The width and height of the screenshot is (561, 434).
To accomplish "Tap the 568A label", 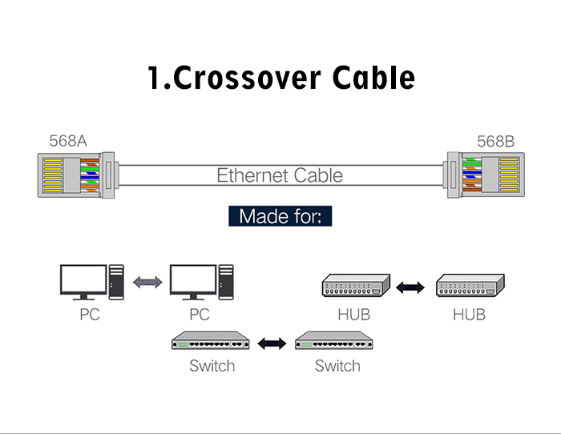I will pos(68,142).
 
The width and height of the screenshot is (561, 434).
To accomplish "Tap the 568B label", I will pos(495,142).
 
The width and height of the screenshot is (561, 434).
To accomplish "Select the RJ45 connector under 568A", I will pos(71,175).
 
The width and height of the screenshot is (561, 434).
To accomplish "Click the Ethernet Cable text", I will pos(280,175).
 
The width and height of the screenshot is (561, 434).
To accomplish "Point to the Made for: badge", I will pos(280,216).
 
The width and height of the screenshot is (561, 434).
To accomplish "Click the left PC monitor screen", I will pos(83,279).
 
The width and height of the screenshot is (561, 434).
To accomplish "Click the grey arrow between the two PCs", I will pos(147,283).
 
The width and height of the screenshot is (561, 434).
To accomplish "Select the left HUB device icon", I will pos(354,286).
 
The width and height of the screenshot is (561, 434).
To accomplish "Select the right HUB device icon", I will pos(470,286).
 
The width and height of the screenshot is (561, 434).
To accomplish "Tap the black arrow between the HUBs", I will pos(411,286).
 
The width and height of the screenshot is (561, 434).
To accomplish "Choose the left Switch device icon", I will pos(212,343).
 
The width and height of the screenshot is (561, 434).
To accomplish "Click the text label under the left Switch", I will pos(212,366).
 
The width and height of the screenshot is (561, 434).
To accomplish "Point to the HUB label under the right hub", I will pos(469,315).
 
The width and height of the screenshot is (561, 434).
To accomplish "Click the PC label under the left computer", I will pos(89,315).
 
